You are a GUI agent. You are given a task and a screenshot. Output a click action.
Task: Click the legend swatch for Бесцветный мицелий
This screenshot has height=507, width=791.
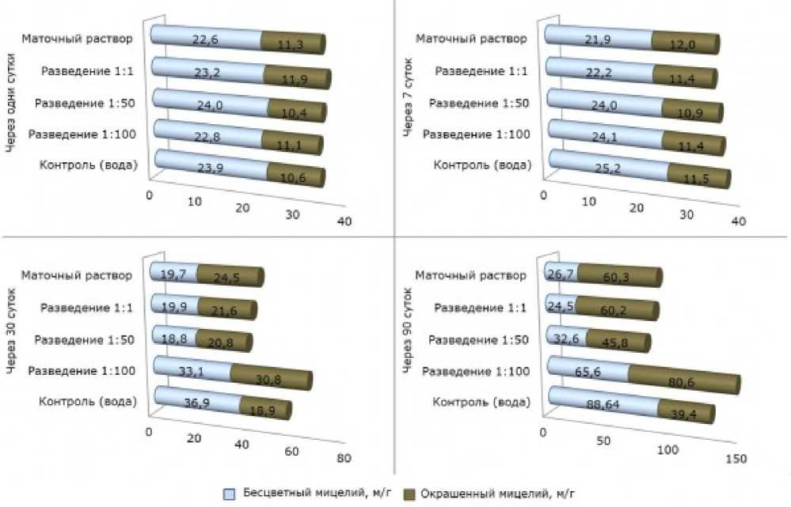coord(230,494)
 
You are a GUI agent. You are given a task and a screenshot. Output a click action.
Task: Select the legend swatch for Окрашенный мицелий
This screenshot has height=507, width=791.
coord(410,494)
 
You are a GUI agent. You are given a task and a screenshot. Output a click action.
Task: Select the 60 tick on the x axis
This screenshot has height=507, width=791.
coord(291,452)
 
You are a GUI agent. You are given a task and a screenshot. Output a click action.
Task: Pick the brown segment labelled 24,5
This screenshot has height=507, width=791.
coord(230,277)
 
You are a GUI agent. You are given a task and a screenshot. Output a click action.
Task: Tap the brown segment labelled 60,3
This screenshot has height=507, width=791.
coord(618,277)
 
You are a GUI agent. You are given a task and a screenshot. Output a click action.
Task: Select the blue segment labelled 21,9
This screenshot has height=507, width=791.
coord(598,37)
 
